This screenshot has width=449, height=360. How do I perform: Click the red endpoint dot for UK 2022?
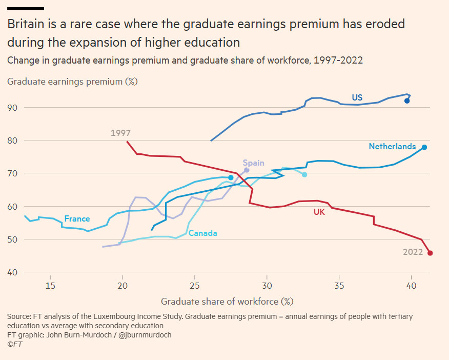[430, 253]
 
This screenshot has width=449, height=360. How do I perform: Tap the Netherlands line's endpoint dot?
[424, 147]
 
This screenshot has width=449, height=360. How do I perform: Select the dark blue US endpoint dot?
[407, 101]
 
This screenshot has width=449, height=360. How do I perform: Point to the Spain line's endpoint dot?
[247, 170]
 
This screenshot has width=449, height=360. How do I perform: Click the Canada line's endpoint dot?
[304, 175]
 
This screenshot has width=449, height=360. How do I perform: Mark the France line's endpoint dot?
[231, 177]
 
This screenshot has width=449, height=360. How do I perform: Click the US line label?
[357, 97]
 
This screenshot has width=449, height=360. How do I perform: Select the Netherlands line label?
[392, 147]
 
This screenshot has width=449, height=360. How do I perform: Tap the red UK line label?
[319, 211]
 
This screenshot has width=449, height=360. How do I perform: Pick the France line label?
[77, 219]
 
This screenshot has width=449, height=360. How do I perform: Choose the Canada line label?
[203, 233]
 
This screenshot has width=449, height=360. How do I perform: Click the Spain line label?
[254, 163]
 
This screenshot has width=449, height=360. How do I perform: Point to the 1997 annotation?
[120, 133]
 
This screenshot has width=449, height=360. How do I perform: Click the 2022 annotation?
[413, 252]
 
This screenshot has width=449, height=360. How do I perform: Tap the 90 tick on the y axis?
[12, 108]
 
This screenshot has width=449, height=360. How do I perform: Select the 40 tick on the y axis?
[12, 272]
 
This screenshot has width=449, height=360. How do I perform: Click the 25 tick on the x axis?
[195, 286]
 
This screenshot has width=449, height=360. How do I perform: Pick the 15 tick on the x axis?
[50, 286]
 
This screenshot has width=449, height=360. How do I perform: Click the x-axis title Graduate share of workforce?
[227, 301]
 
